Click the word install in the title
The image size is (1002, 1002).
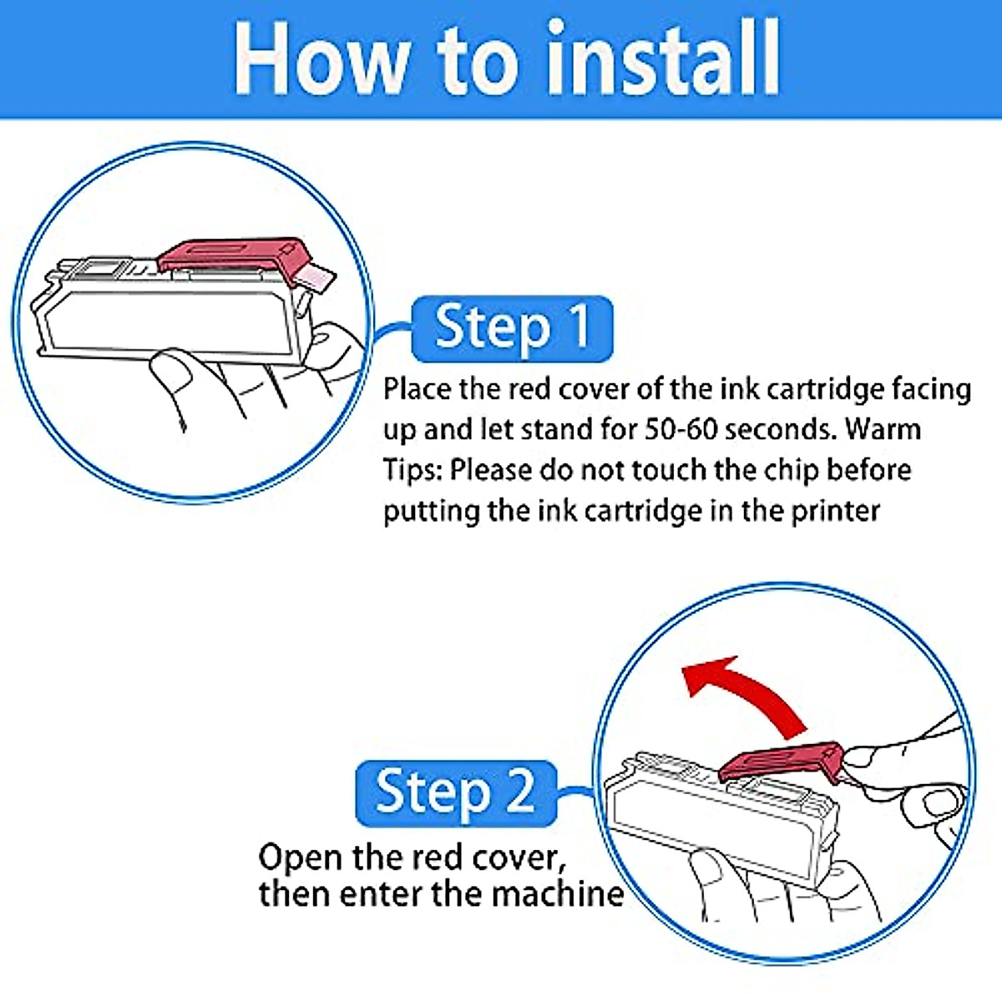pyautogui.click(x=662, y=58)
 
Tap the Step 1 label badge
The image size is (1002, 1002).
pyautogui.click(x=512, y=329)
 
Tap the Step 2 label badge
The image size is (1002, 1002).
pyautogui.click(x=456, y=793)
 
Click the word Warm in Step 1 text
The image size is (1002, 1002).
pyautogui.click(x=883, y=429)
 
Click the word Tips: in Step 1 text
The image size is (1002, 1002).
pyautogui.click(x=412, y=470)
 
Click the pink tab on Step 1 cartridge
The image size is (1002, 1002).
pyautogui.click(x=316, y=277)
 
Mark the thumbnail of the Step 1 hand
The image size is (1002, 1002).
pyautogui.click(x=175, y=374)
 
